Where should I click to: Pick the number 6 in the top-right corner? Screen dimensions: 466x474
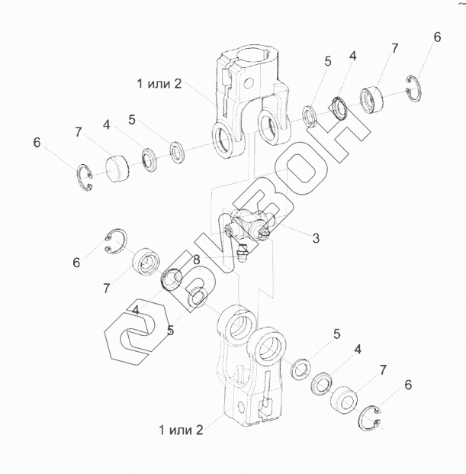click(x=437, y=37)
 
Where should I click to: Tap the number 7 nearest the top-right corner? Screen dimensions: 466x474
click(x=394, y=49)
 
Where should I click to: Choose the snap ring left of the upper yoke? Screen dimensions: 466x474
click(x=88, y=179)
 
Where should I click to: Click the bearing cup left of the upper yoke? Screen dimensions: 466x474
click(x=116, y=167)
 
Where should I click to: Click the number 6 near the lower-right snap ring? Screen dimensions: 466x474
click(x=408, y=385)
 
